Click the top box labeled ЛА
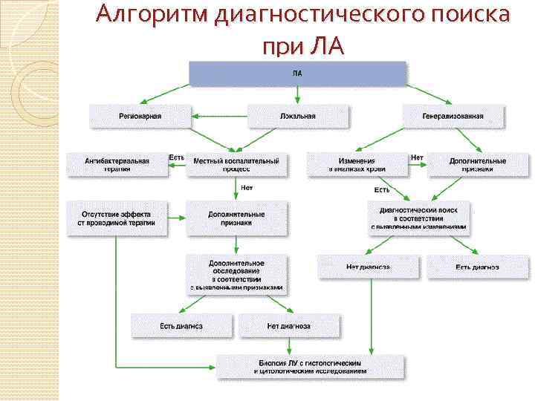[298, 74]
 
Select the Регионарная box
[140, 116]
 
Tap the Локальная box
[297, 116]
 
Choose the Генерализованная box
[453, 116]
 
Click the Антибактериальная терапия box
[117, 164]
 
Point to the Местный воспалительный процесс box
[236, 164]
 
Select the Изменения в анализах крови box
[357, 164]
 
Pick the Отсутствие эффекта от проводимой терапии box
[117, 218]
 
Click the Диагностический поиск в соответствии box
[419, 218]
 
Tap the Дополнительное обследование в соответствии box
[236, 274]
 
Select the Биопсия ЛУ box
[311, 366]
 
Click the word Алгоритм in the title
[152, 16]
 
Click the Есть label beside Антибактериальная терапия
[176, 157]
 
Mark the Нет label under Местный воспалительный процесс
[247, 188]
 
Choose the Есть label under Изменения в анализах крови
[381, 189]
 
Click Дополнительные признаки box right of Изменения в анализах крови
[478, 164]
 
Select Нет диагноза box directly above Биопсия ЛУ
[288, 326]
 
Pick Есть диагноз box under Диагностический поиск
[478, 267]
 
